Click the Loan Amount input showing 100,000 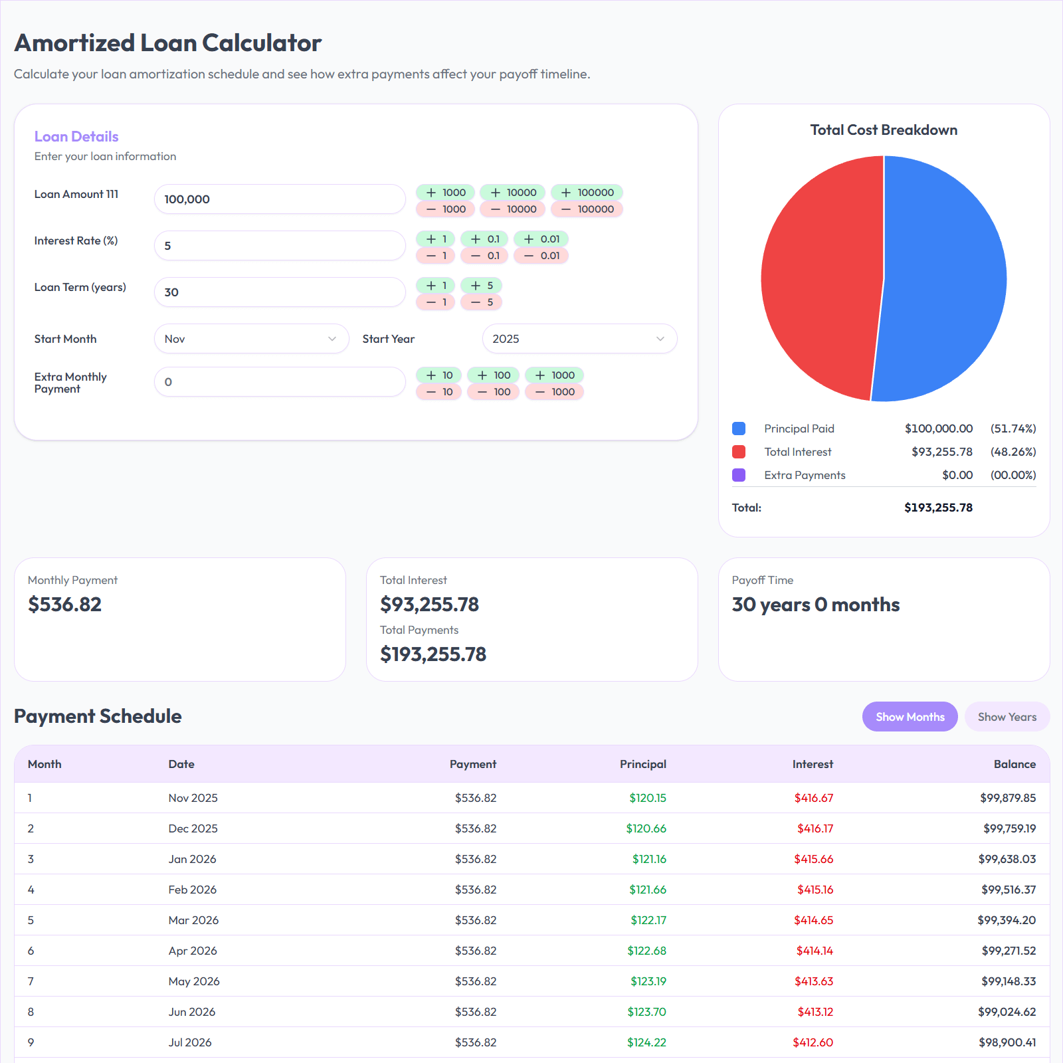279,199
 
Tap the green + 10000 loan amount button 513,193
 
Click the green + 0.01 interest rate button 541,239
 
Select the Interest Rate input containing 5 279,246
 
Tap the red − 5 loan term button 482,302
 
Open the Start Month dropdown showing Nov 251,339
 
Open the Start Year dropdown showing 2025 579,339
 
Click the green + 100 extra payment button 493,375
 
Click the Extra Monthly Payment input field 279,382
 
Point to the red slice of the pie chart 821,279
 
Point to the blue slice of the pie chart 947,279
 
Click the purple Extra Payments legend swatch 739,475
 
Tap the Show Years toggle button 1007,717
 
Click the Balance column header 1015,764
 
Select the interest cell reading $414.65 813,920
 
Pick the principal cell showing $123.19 648,981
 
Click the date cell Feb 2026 193,890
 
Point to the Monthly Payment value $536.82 65,605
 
